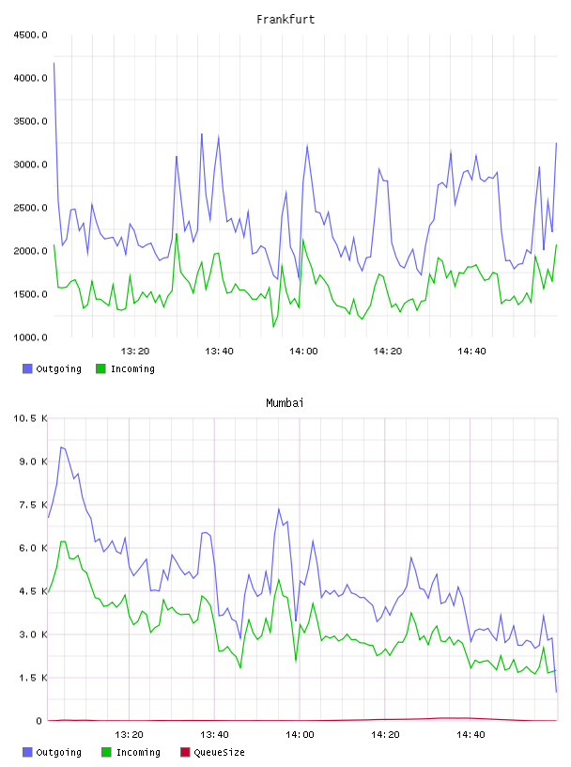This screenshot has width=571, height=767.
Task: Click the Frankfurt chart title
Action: (x=285, y=20)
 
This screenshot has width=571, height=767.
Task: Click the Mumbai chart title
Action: (x=285, y=403)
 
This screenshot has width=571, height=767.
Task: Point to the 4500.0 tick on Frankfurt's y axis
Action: (x=30, y=35)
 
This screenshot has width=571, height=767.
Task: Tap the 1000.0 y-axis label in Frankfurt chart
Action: (x=30, y=337)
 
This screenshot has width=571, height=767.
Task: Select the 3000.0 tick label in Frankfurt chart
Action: (x=30, y=164)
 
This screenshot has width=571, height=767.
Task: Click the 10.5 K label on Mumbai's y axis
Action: (x=30, y=418)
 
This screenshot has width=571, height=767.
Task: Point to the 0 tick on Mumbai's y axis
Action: (x=39, y=721)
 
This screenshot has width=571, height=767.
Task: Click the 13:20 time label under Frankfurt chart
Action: (x=135, y=352)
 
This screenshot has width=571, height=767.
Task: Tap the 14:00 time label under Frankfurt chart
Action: (x=303, y=352)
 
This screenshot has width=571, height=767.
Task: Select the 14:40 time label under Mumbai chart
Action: (x=471, y=735)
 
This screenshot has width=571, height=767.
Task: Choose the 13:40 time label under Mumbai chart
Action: (x=214, y=735)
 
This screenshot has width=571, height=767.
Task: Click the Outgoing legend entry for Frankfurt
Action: (x=52, y=368)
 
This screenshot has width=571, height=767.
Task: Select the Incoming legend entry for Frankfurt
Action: (x=125, y=368)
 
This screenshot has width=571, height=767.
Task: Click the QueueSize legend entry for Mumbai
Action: (x=212, y=752)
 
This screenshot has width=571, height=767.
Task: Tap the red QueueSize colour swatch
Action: (x=185, y=752)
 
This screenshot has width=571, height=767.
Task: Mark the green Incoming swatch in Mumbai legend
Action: (x=106, y=752)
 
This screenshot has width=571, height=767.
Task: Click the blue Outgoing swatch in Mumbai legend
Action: (x=27, y=752)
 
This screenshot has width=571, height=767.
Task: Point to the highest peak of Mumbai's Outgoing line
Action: (x=61, y=447)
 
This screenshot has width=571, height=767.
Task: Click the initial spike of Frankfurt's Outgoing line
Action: (x=54, y=63)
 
